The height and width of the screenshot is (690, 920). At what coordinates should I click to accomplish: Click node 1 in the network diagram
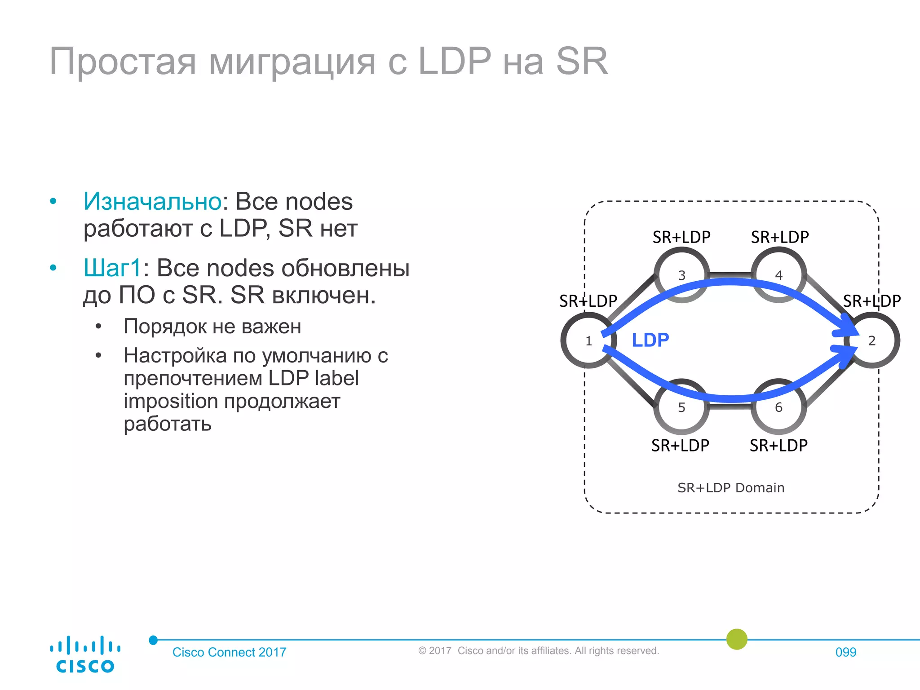click(x=588, y=341)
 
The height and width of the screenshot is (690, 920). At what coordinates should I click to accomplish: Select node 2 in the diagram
click(x=871, y=341)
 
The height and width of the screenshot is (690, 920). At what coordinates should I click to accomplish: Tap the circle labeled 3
click(x=681, y=275)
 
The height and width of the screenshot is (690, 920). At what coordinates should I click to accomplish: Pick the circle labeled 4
click(x=778, y=275)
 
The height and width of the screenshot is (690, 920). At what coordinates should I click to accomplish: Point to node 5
click(x=681, y=407)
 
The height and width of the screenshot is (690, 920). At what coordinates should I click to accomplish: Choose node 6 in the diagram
click(x=778, y=407)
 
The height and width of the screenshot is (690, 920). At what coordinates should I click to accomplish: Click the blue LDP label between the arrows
click(x=650, y=340)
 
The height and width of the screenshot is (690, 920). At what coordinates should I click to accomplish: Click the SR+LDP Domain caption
click(x=731, y=487)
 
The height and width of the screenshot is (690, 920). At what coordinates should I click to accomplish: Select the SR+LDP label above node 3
click(x=681, y=237)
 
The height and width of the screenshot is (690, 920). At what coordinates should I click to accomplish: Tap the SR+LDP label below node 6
click(x=778, y=445)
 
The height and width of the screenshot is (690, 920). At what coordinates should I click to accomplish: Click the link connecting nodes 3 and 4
click(x=730, y=274)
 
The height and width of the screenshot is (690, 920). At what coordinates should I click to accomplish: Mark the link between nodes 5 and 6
click(x=730, y=406)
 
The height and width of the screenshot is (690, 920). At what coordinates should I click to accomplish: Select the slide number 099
click(x=845, y=652)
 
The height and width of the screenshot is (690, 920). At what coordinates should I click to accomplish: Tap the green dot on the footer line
click(x=737, y=639)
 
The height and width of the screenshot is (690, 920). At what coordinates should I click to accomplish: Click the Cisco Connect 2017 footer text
click(x=229, y=652)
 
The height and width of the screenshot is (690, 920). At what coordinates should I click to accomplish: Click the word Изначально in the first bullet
click(x=152, y=201)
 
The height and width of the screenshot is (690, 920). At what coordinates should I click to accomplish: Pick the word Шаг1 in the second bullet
click(x=113, y=268)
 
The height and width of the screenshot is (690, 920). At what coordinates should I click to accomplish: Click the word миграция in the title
click(x=292, y=62)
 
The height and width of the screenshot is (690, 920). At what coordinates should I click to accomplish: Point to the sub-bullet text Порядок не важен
click(x=212, y=326)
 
